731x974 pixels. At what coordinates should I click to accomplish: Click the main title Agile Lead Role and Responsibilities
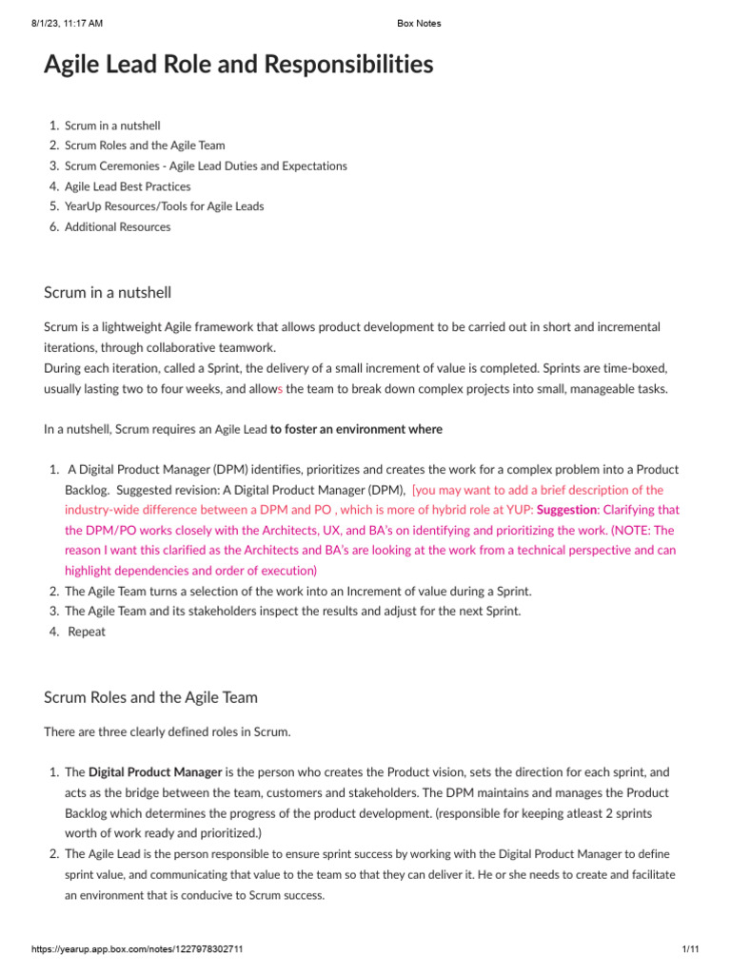(x=238, y=65)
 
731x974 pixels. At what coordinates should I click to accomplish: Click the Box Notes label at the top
(x=419, y=24)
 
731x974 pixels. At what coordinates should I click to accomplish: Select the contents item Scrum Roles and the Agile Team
(x=145, y=146)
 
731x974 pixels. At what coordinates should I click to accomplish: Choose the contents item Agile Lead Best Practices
(x=128, y=186)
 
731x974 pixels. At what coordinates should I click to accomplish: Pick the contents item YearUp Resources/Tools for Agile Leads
(x=164, y=206)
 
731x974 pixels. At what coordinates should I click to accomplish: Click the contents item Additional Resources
(x=118, y=227)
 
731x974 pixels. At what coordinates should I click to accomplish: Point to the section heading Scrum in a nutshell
(x=108, y=292)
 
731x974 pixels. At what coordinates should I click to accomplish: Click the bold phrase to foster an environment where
(x=356, y=429)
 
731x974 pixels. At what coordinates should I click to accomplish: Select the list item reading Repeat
(x=87, y=632)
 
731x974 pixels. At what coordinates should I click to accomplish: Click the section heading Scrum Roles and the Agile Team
(x=150, y=697)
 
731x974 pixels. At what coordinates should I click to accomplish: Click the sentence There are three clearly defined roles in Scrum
(x=167, y=732)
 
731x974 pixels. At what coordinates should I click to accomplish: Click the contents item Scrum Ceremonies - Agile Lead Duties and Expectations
(x=206, y=166)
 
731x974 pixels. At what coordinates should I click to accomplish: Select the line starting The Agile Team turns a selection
(x=298, y=591)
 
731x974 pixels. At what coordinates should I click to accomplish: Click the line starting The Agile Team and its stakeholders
(x=292, y=612)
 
